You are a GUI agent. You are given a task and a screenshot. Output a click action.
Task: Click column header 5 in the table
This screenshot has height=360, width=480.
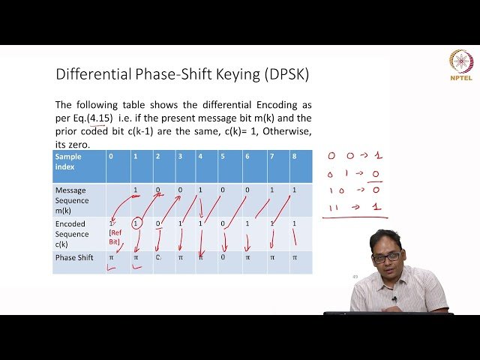222,156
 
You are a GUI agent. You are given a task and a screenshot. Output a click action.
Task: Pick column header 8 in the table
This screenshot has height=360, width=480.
293,156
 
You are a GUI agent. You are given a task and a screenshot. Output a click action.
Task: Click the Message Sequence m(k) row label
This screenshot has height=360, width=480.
71,200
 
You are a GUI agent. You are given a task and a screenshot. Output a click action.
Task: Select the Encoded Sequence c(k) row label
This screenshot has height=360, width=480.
71,233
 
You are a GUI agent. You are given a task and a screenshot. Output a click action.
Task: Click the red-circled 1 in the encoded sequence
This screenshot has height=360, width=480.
136,223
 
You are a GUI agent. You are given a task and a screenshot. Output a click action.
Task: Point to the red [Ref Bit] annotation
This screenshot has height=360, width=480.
114,238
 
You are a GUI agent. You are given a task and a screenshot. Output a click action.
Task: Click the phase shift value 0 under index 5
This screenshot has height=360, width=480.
223,257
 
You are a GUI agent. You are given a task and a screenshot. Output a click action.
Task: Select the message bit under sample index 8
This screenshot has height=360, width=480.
294,190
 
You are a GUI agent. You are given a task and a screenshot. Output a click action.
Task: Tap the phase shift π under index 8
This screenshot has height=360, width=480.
294,257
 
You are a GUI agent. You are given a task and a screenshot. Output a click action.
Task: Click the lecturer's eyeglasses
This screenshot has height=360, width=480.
387,257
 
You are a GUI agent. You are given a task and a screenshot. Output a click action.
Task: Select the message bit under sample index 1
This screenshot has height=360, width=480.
135,190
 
